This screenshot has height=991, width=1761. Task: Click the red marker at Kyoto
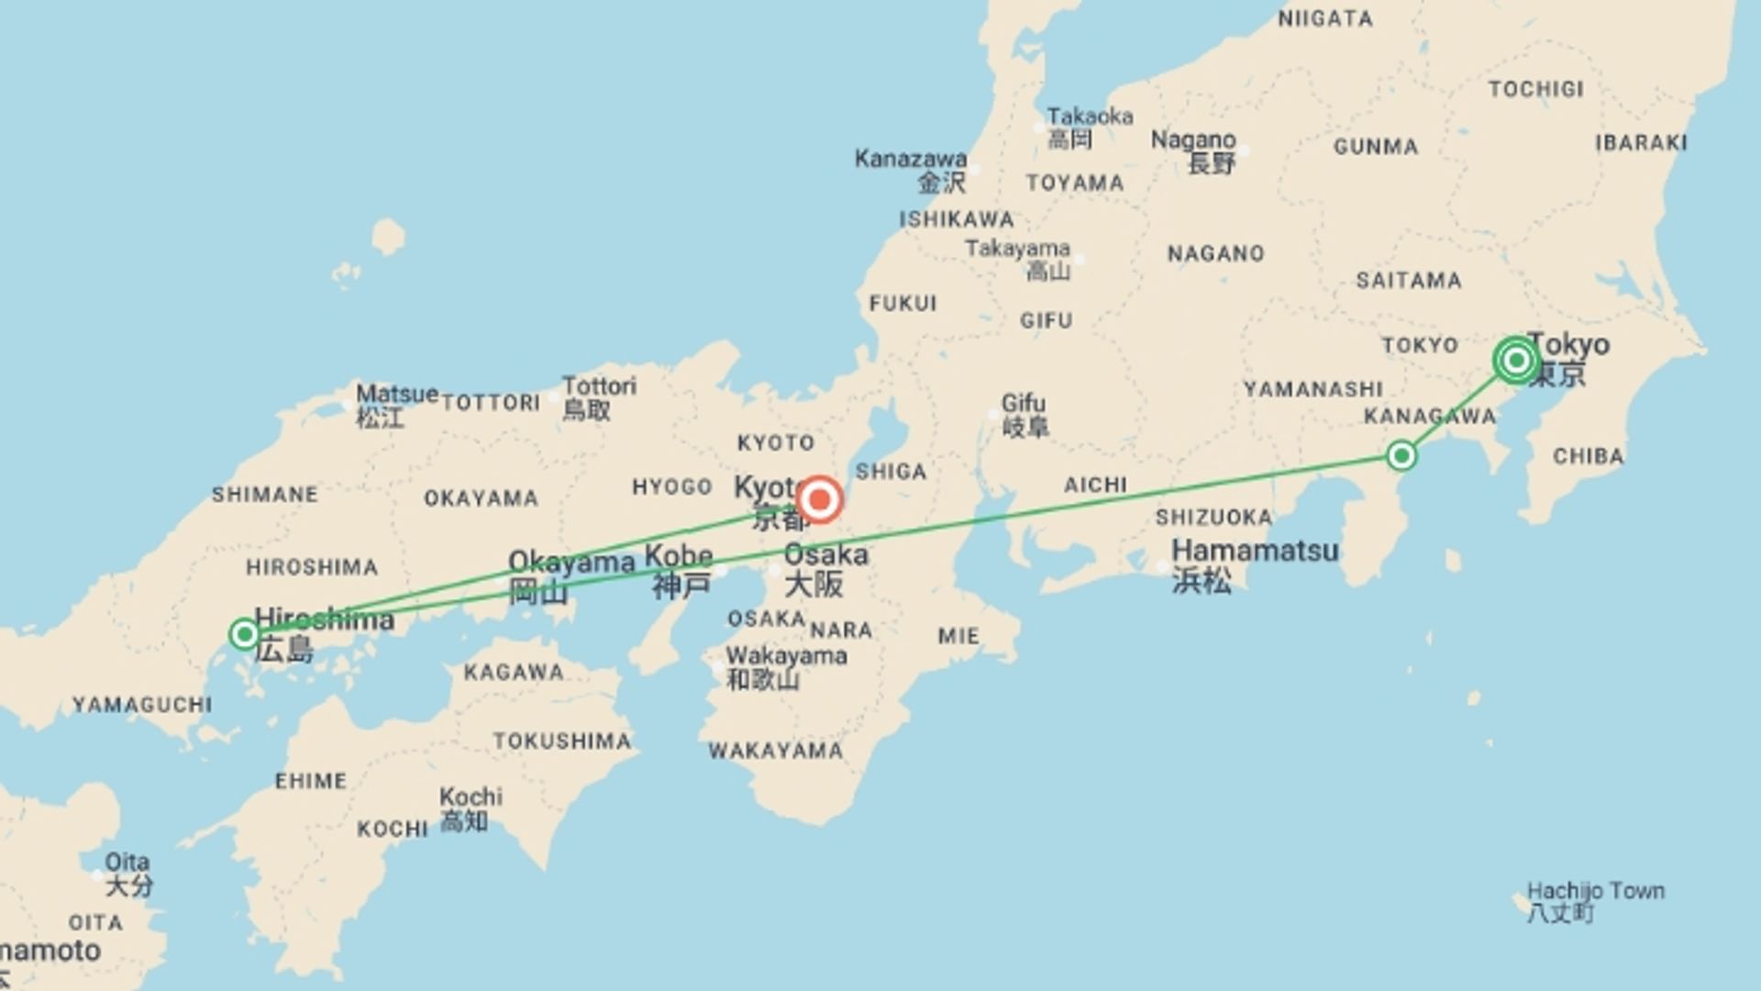[x=819, y=500]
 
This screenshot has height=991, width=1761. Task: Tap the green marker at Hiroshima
[x=244, y=634]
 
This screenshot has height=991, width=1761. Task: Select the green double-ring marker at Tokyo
[x=1515, y=360]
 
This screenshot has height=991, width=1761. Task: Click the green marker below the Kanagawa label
[x=1401, y=455]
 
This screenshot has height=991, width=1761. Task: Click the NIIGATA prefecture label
[x=1325, y=18]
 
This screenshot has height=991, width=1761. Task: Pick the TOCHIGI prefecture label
[x=1535, y=89]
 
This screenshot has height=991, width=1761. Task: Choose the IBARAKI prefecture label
[x=1641, y=142]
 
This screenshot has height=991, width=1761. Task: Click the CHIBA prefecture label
[x=1588, y=456]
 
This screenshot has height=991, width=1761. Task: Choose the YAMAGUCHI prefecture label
[x=142, y=705]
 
